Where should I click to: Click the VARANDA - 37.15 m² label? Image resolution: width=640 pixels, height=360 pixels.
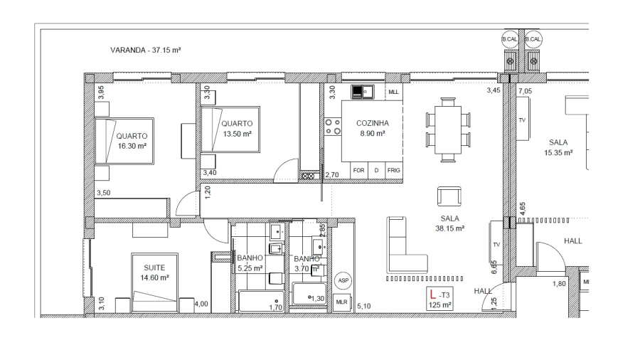tap(145, 51)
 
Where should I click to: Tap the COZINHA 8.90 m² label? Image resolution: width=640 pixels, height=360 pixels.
tap(372, 128)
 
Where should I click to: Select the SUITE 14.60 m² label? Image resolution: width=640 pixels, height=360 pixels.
tap(154, 272)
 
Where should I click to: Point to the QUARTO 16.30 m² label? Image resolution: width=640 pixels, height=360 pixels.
tap(132, 141)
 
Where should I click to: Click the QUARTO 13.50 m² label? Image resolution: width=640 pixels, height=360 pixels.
tap(237, 129)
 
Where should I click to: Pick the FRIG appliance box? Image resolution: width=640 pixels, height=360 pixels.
tap(393, 170)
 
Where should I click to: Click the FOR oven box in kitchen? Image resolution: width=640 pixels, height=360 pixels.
tap(359, 170)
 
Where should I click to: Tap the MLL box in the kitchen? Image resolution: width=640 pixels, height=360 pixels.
tap(393, 92)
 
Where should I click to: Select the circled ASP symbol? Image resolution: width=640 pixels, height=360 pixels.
tap(343, 280)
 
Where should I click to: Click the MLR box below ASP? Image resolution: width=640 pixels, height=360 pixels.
tap(341, 302)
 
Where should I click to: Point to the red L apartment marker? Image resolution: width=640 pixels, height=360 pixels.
tap(433, 294)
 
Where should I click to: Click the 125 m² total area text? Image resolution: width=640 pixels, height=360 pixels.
tap(439, 305)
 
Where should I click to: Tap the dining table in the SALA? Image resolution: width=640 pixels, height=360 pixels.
tap(448, 129)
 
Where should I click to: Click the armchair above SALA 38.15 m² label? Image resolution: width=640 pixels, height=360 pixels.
tap(449, 197)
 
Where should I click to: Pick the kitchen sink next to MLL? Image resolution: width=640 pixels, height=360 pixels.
tap(363, 92)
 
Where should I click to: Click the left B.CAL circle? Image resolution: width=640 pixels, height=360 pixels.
tap(509, 39)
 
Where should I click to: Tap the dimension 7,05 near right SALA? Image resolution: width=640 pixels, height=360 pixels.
tap(526, 91)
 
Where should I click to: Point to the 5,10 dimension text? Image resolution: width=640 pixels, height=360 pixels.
tap(364, 306)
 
